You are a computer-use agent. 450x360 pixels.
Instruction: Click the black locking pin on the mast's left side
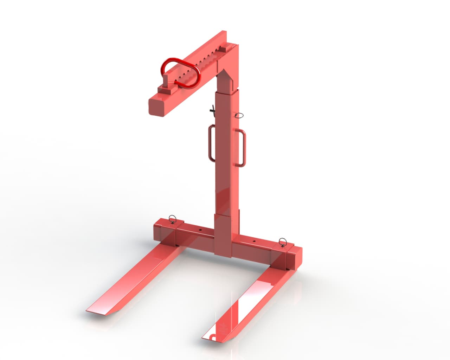(212, 110)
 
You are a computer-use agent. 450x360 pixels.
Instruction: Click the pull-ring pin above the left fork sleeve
(172, 219)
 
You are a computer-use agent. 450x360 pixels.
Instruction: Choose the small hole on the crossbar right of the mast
(253, 242)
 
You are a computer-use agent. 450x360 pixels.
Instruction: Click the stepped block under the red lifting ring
(168, 88)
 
